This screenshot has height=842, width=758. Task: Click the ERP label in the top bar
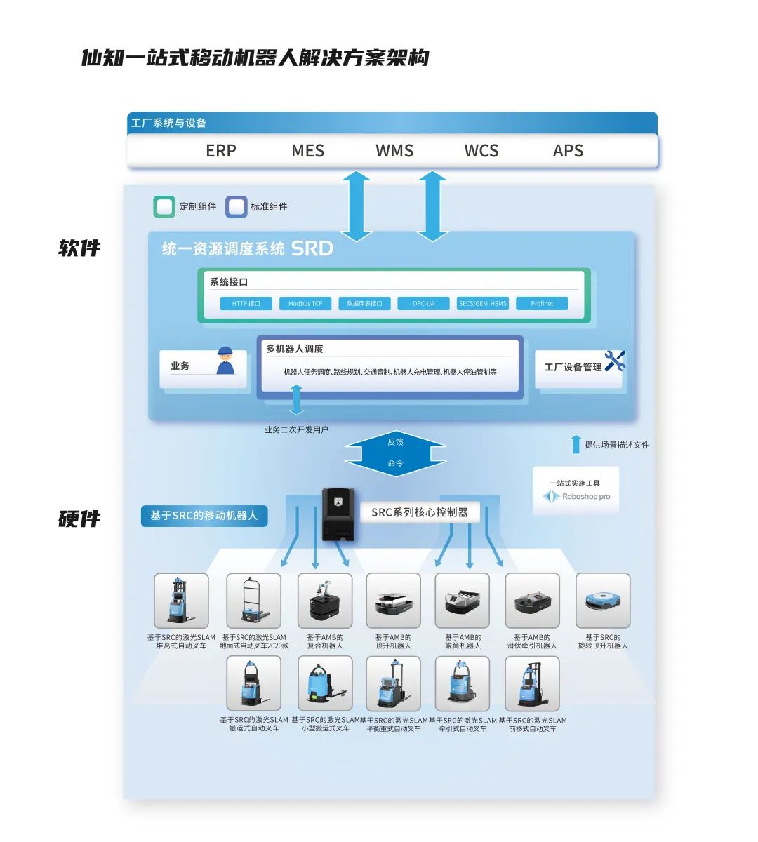[221, 151]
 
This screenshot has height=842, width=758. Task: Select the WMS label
[394, 151]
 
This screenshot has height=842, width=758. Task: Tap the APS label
[568, 151]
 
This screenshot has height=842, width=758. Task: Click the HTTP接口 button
[246, 304]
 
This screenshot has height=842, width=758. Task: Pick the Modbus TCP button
[305, 304]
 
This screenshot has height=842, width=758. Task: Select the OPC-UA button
[423, 304]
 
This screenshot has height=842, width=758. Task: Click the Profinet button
[542, 304]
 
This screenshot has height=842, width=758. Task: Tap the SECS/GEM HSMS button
[482, 304]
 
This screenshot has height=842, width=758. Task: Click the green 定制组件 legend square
[164, 207]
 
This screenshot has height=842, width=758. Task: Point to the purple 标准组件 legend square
[237, 207]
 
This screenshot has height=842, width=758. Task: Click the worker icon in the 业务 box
[225, 361]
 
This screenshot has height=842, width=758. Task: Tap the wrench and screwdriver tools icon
[614, 361]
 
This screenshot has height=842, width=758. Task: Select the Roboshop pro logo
[576, 497]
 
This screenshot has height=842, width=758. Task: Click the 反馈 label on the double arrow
[395, 442]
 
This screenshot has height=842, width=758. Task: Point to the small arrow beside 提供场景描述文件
[576, 444]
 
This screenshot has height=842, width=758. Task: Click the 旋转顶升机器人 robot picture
[603, 601]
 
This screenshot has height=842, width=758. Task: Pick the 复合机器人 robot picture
[325, 601]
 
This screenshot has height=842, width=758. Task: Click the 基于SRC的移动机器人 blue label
[204, 516]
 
